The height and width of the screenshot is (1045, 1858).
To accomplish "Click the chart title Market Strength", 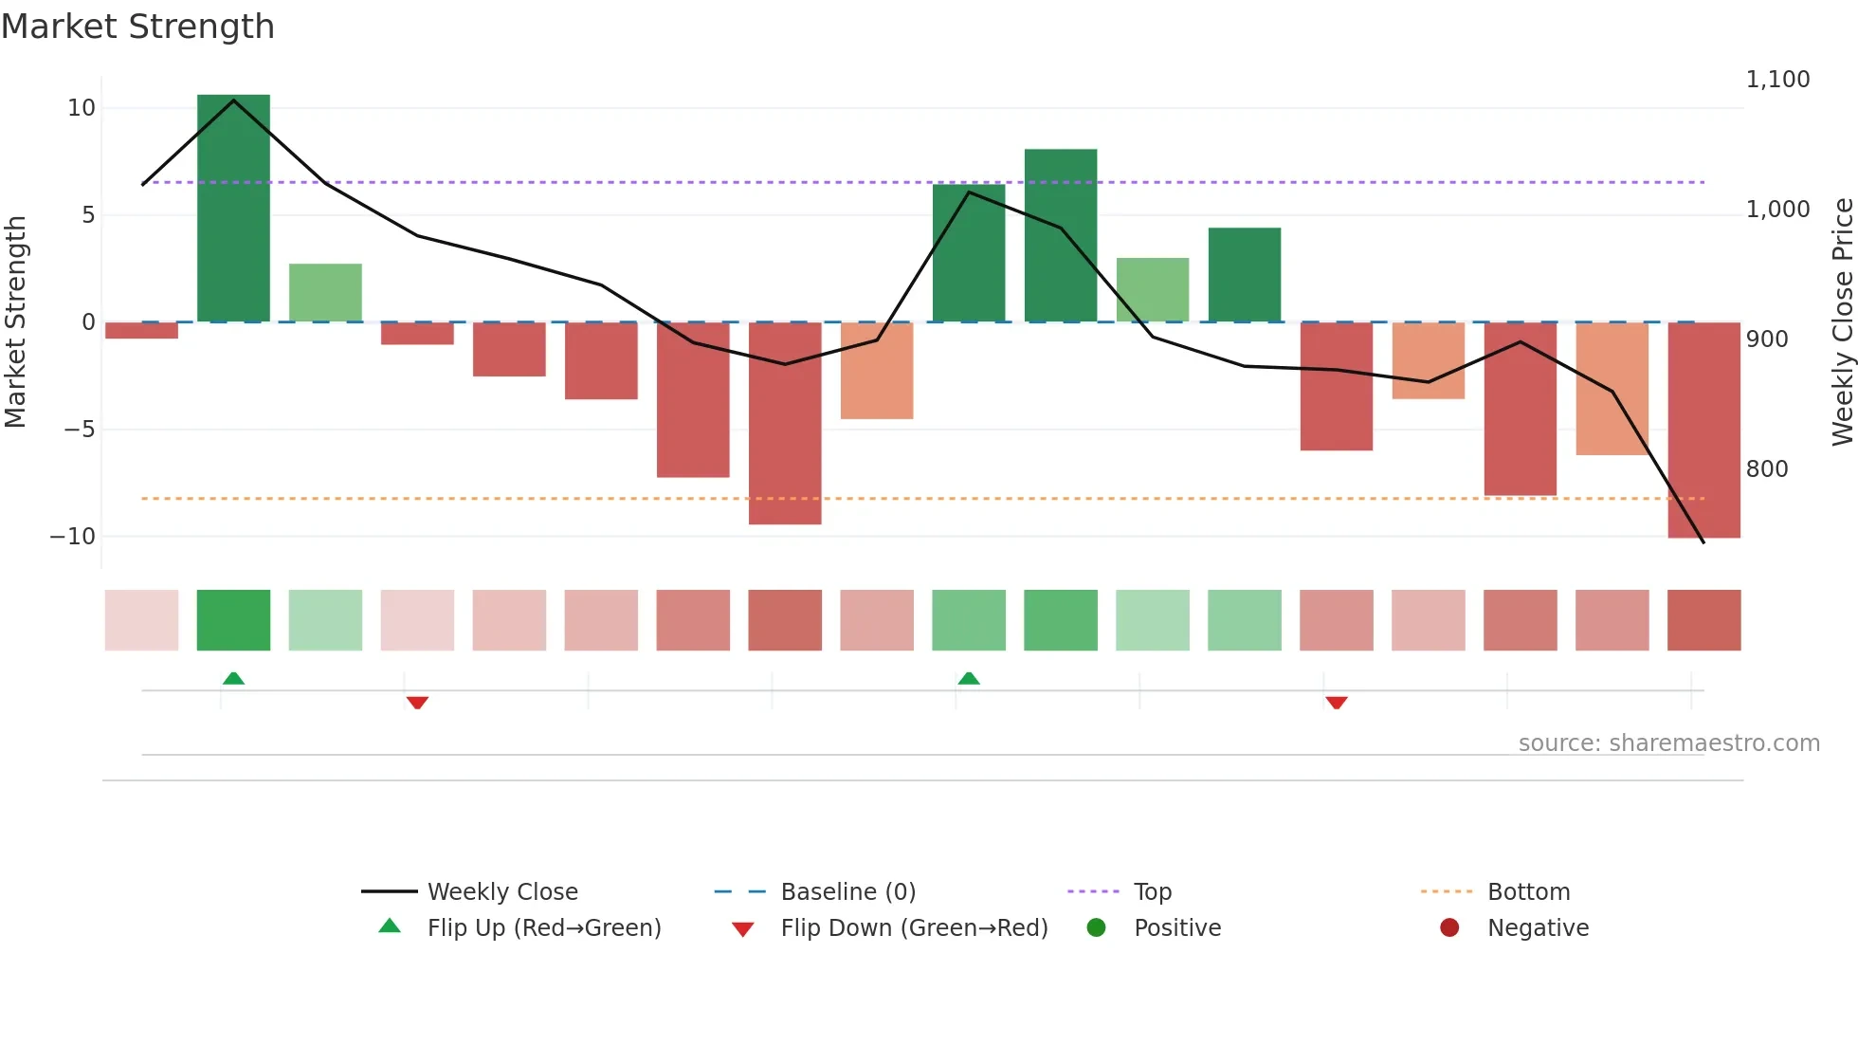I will coord(137,27).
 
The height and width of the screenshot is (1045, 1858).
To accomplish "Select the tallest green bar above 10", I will coord(233,209).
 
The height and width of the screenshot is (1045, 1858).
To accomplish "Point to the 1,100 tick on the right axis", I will coord(1777,80).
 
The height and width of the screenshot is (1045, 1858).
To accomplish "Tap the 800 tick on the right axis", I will coord(1767,469).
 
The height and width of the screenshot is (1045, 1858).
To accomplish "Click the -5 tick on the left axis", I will coord(80,430).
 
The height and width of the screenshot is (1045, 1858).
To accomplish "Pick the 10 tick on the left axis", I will coord(82,108).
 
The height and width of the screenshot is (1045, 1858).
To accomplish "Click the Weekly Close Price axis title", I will coord(1842,322).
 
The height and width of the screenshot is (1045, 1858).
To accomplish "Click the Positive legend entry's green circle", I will coord(1096,928).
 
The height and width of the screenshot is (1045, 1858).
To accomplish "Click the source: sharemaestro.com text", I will coord(1668,743).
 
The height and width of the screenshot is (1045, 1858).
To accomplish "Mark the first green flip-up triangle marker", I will coord(233,678).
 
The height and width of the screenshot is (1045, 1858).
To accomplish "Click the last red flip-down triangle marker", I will coord(1337,703).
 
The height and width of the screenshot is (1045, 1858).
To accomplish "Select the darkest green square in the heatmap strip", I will coord(233,620).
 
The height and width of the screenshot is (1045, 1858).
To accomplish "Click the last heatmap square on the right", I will coord(1703,620).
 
